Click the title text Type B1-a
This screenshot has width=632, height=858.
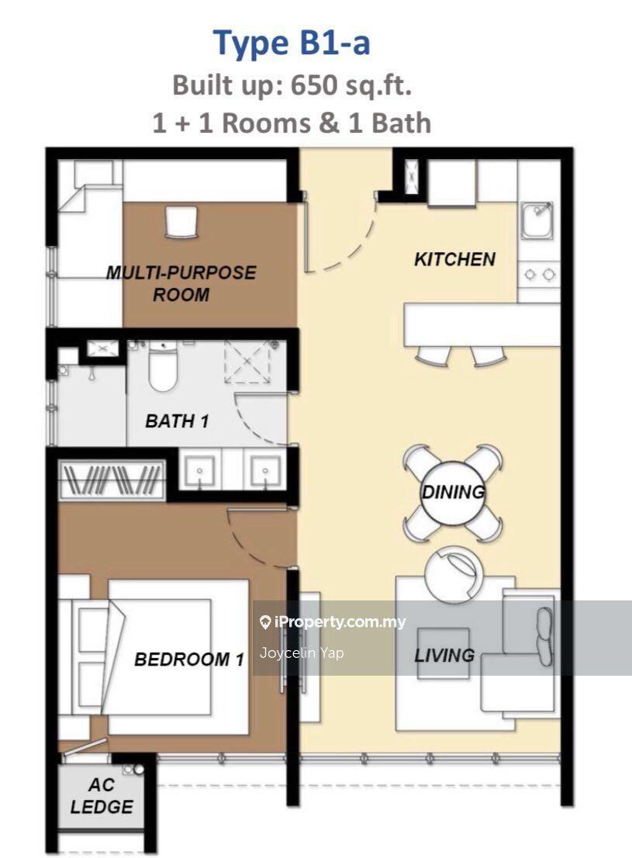tap(291, 43)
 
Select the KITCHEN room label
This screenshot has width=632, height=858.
tap(454, 259)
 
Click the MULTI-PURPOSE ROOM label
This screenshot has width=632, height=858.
tap(181, 283)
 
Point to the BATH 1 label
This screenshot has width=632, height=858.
tap(177, 420)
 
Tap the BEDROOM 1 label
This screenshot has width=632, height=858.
tap(188, 659)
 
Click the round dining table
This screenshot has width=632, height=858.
tap(453, 493)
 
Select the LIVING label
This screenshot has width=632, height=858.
tap(444, 655)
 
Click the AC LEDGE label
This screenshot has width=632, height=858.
tap(102, 796)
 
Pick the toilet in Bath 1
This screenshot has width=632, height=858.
tap(163, 365)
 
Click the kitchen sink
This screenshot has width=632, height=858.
tap(537, 220)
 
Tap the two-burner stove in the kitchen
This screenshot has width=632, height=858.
tap(539, 274)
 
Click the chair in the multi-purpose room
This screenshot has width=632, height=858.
tap(181, 221)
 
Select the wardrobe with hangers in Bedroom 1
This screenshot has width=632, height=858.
tap(112, 480)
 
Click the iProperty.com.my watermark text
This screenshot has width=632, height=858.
tap(333, 621)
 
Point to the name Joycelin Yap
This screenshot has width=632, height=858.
tap(302, 652)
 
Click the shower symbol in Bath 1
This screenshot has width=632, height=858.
tap(247, 361)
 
